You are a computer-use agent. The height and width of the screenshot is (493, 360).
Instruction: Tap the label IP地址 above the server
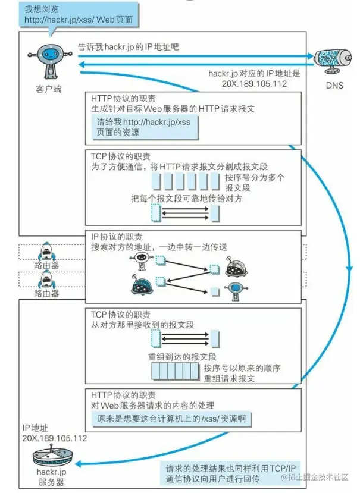click(35, 428)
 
